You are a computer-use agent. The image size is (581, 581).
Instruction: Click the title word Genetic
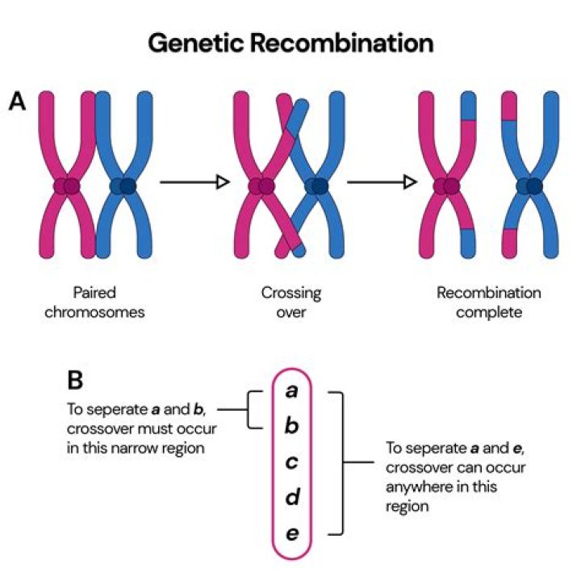point(198,43)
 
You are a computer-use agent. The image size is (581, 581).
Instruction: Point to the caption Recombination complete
point(488,302)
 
